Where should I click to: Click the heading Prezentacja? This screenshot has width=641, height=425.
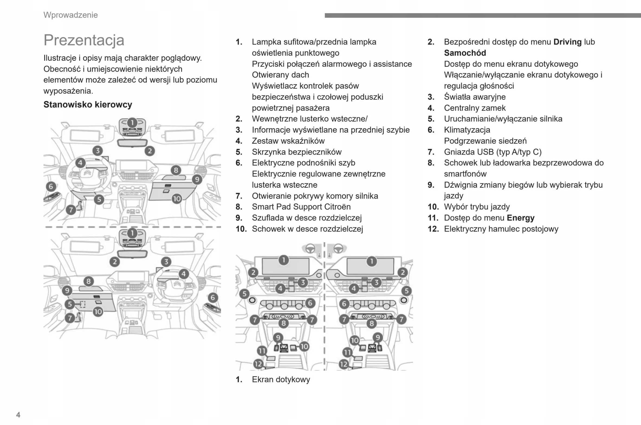point(84,40)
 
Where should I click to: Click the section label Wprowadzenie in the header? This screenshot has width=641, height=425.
point(70,15)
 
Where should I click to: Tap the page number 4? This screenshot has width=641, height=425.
point(18,415)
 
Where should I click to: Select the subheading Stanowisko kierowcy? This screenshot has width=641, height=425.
point(88,104)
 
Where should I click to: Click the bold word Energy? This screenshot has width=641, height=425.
point(520,218)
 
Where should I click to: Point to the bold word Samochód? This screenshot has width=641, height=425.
point(465,53)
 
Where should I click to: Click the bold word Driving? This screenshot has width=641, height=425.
point(567,42)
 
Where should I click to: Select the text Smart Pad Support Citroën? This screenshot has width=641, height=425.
point(301,207)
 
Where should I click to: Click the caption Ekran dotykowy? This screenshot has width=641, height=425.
point(281,379)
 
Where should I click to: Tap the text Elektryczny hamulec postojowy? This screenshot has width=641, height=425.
point(501,229)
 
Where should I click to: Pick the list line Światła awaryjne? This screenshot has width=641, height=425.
point(475,97)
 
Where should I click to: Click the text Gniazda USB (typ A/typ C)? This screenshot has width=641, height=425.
point(493,152)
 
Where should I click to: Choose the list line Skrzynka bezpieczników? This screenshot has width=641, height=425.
point(296,152)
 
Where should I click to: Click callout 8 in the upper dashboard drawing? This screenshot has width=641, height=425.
point(176,170)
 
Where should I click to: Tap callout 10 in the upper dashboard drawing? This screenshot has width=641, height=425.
point(177,199)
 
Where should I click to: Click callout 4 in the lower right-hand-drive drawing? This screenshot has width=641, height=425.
point(184,274)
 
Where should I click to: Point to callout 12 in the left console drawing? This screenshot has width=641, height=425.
point(258,364)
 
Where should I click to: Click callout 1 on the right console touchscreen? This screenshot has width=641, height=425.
point(371,261)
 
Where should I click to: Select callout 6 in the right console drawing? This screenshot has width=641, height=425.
point(344,303)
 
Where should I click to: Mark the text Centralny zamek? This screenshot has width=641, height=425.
point(475,108)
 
